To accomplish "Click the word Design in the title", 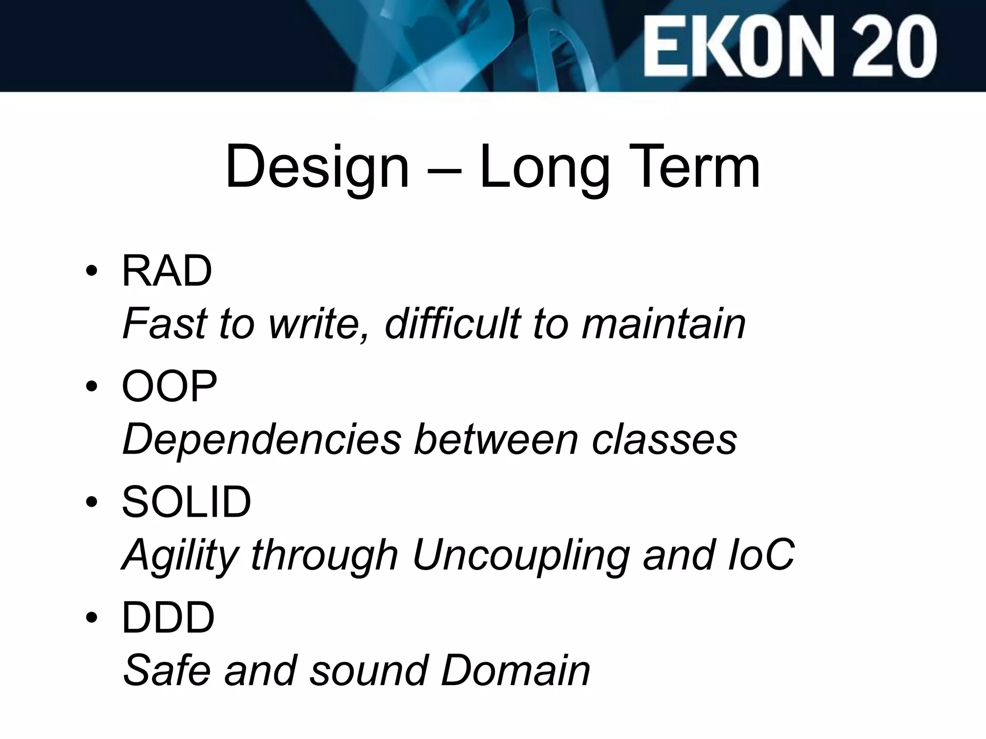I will (317, 167).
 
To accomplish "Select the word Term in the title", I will (688, 166).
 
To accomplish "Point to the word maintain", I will (663, 324).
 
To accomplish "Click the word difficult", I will (453, 324).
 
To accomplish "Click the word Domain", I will (515, 670).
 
